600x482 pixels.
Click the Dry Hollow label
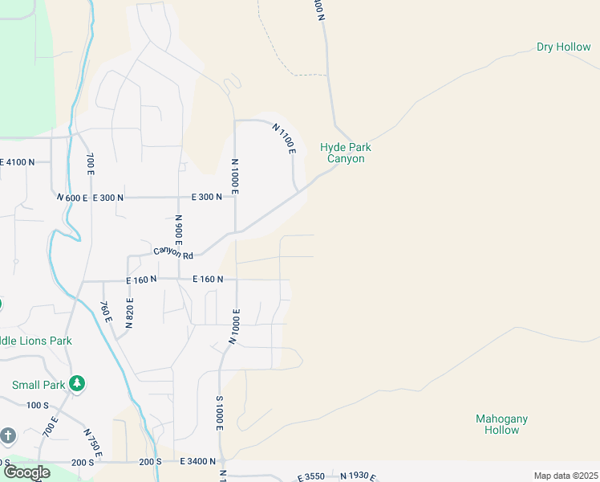[563, 47]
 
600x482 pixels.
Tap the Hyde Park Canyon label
[345, 153]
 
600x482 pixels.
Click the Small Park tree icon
[77, 383]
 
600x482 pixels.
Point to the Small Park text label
[37, 385]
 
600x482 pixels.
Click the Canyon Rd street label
[174, 252]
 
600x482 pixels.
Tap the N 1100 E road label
[285, 139]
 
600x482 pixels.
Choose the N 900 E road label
[179, 231]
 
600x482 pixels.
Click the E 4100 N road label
[18, 162]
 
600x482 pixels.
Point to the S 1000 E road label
[218, 412]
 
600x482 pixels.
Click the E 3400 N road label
[197, 462]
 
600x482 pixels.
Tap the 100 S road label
[38, 405]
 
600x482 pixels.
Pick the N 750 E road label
[91, 443]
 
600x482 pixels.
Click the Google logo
[26, 472]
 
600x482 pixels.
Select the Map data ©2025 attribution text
[566, 476]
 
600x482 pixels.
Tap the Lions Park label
[36, 341]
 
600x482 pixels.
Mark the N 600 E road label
[71, 197]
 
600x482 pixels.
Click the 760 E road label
[104, 311]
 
